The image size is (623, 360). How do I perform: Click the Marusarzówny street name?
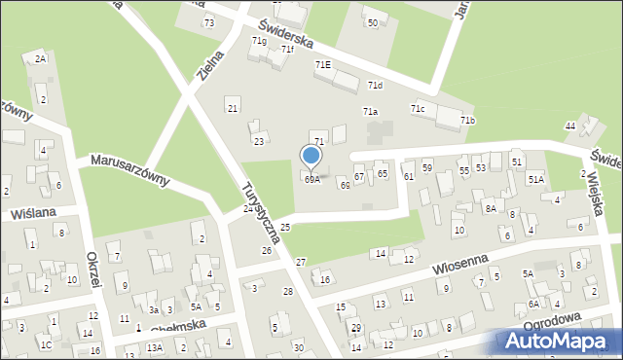point(129,169)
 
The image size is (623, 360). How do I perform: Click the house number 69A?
point(311,179)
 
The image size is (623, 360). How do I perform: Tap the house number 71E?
point(322,64)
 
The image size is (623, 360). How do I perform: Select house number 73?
point(209,22)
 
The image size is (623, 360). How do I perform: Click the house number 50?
point(372,22)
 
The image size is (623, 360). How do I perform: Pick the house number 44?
point(570,126)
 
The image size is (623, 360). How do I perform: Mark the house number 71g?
point(259,41)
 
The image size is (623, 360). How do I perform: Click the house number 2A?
point(40,59)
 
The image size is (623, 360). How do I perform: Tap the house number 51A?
point(535,180)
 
